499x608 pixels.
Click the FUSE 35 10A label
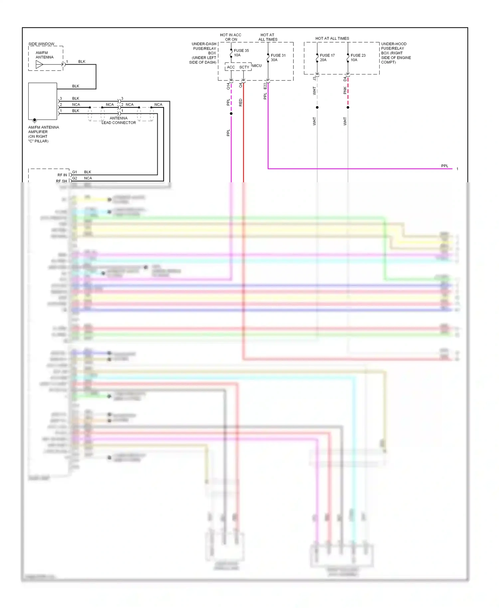pyautogui.click(x=241, y=53)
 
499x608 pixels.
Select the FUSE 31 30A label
pyautogui.click(x=278, y=58)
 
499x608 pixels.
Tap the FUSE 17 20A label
pyautogui.click(x=327, y=58)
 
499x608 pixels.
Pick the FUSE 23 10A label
pyautogui.click(x=358, y=58)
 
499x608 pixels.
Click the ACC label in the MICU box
pyautogui.click(x=231, y=67)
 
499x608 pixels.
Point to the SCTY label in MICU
pyautogui.click(x=244, y=67)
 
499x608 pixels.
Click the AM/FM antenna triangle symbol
pyautogui.click(x=39, y=65)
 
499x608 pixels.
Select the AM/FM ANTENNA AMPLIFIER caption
pyautogui.click(x=43, y=134)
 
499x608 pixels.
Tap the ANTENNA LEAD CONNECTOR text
pyautogui.click(x=118, y=120)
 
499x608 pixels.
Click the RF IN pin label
pyautogui.click(x=62, y=175)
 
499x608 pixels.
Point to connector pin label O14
pyautogui.click(x=228, y=86)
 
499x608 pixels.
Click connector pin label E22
pyautogui.click(x=265, y=86)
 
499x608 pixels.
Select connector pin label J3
pyautogui.click(x=314, y=78)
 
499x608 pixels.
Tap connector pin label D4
pyautogui.click(x=345, y=79)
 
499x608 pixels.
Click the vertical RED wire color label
pyautogui.click(x=241, y=102)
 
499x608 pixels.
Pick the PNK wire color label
pyautogui.click(x=345, y=90)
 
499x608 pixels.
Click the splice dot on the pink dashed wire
pyautogui.click(x=348, y=107)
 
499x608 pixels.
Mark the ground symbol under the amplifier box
pyautogui.click(x=35, y=121)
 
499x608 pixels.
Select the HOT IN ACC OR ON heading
pyautogui.click(x=231, y=37)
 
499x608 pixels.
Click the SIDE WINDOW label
pyautogui.click(x=41, y=44)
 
